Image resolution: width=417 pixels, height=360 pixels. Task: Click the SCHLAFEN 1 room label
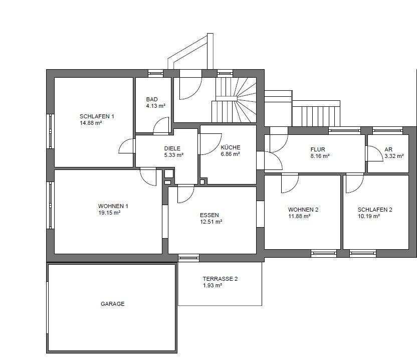click(97, 116)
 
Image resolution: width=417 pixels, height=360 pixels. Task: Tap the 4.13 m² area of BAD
click(155, 106)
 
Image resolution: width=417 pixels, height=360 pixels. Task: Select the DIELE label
click(172, 148)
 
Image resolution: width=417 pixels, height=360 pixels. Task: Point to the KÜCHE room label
click(231, 147)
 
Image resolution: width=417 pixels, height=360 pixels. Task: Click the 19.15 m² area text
click(109, 213)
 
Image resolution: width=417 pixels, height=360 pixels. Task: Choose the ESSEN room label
click(210, 215)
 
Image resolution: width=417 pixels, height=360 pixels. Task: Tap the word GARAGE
click(112, 304)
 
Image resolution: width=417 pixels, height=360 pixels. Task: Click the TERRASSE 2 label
click(220, 279)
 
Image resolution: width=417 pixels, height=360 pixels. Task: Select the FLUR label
click(318, 149)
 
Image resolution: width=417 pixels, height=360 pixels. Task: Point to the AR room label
click(388, 149)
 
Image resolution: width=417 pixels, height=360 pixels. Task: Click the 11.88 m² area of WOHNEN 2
click(299, 216)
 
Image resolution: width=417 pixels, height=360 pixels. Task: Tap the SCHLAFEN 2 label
click(375, 210)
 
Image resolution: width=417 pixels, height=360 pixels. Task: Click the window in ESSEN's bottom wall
click(188, 257)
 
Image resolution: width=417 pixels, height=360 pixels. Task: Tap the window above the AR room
click(387, 130)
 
